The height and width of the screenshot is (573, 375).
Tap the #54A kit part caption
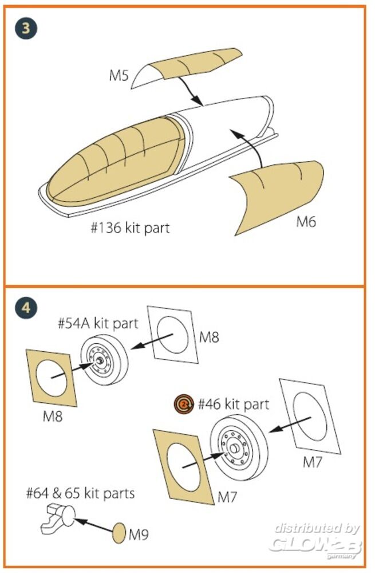(x=98, y=323)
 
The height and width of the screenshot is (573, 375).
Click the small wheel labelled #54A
(x=103, y=361)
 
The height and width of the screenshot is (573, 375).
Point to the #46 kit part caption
(x=233, y=405)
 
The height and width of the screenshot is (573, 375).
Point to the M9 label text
(x=138, y=535)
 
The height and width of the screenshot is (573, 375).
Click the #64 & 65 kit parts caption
(x=80, y=492)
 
